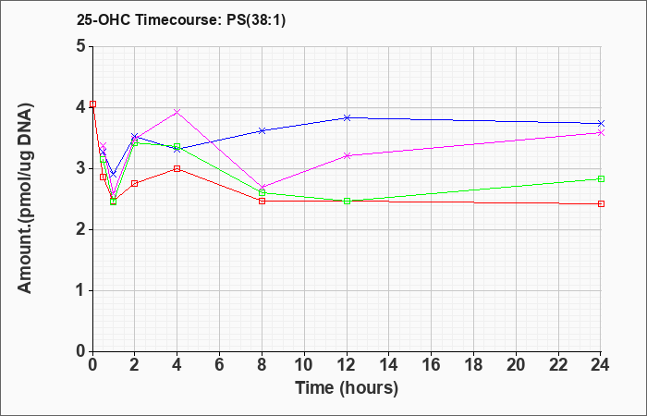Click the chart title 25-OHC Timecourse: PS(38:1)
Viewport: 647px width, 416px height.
click(x=181, y=20)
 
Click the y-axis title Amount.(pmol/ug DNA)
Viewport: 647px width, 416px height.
click(x=25, y=198)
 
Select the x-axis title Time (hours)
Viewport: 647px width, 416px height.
click(x=347, y=388)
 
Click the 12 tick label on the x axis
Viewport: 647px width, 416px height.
click(x=347, y=365)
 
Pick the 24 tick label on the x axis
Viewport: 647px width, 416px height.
click(x=601, y=365)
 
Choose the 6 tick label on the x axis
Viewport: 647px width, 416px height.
click(x=220, y=365)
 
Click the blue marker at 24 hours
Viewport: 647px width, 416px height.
click(x=601, y=123)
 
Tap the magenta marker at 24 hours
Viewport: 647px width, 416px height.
click(x=601, y=133)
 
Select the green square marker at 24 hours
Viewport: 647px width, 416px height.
click(x=601, y=178)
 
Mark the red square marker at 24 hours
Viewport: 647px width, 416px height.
click(x=601, y=204)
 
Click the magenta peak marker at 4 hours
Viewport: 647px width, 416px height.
click(x=177, y=112)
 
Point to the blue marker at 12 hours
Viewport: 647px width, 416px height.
click(x=347, y=117)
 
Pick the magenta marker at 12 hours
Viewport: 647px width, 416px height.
click(x=347, y=155)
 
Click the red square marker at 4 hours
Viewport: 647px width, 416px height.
click(x=177, y=169)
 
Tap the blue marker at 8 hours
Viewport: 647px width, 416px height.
click(x=262, y=131)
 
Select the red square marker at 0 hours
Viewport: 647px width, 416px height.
click(x=92, y=104)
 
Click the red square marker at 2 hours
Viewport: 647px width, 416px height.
click(x=135, y=183)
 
